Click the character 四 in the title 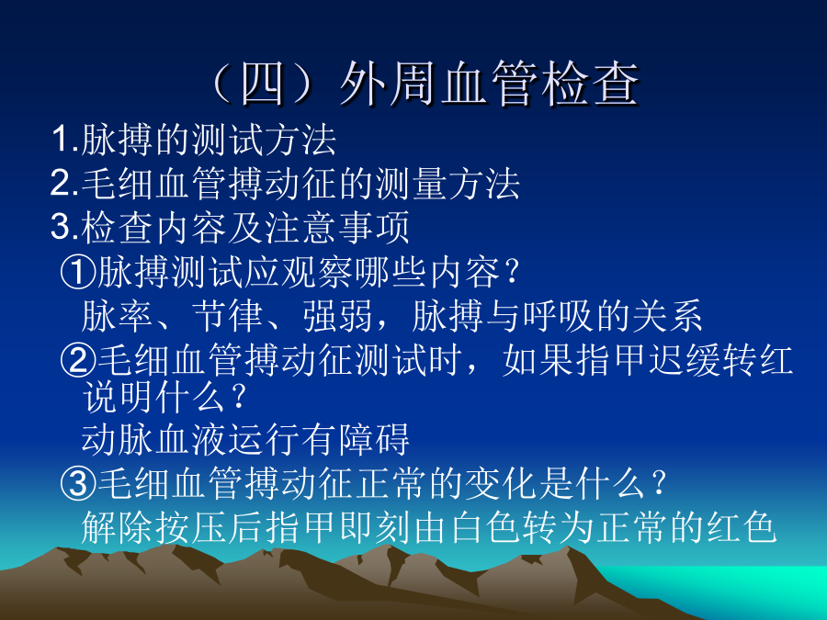coord(263,84)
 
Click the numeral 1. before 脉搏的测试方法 coord(65,140)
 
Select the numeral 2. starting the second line coord(65,184)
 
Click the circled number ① coord(78,273)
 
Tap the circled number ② coord(78,360)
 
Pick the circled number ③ coord(78,483)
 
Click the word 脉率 coord(117,316)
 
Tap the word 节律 coord(228,316)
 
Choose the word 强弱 coord(338,316)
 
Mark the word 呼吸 coord(559,316)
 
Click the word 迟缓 coord(685,360)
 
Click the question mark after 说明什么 coord(239,397)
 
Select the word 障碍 coord(373,440)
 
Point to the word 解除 coord(117,527)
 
